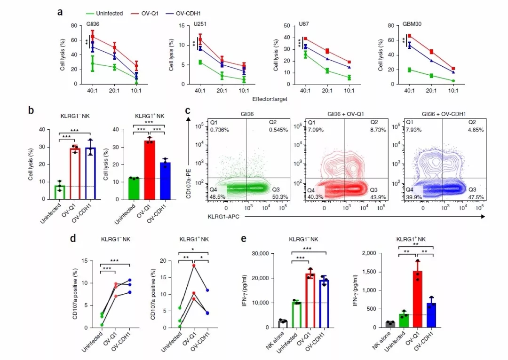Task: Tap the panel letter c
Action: pyautogui.click(x=188, y=111)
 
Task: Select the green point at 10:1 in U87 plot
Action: pyautogui.click(x=349, y=78)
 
